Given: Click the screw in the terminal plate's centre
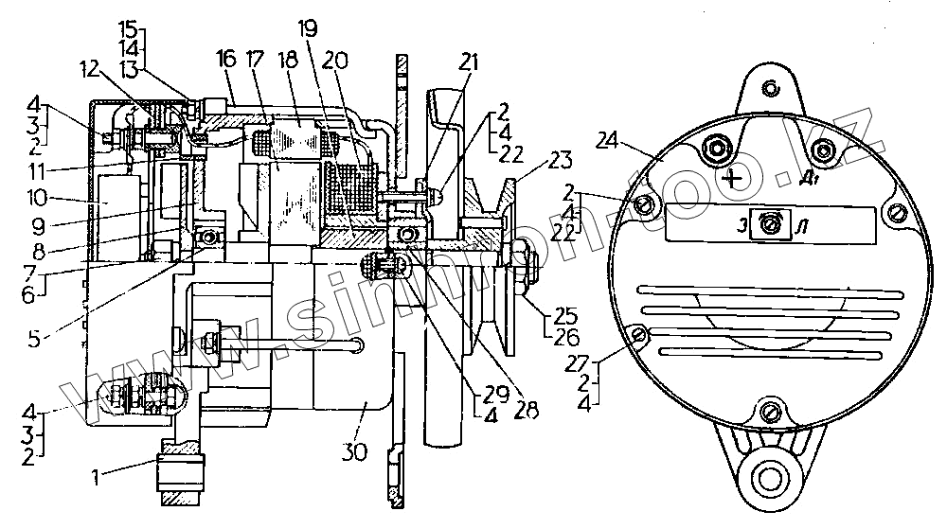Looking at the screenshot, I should [772, 223].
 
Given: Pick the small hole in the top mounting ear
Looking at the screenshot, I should [772, 88].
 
